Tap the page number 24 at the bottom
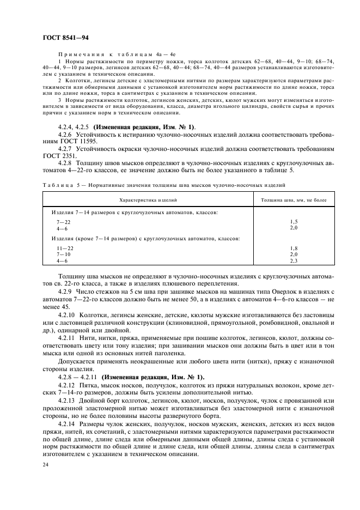45,465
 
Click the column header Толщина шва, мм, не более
294,201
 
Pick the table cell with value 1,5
294,222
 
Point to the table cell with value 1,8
294,248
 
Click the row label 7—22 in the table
63,222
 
